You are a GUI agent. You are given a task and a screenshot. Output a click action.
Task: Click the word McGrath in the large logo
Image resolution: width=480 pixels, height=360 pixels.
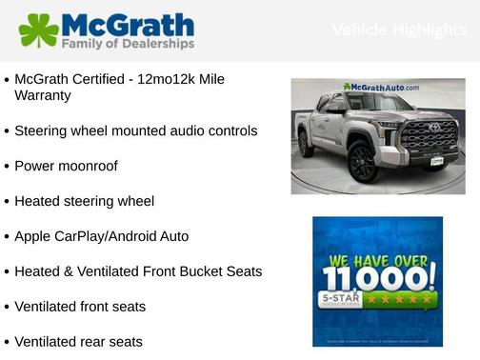click(128, 25)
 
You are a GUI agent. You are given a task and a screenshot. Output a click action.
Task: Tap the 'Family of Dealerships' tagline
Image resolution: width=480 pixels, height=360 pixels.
click(128, 44)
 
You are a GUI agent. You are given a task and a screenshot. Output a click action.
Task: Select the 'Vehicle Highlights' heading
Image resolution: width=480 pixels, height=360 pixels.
click(399, 30)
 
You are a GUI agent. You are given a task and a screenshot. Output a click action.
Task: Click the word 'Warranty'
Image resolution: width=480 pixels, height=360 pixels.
click(42, 95)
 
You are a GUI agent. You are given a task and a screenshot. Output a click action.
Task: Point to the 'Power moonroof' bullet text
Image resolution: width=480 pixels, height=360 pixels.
click(67, 166)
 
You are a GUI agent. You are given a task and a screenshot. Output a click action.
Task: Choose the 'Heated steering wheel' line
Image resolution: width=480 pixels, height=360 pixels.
click(84, 201)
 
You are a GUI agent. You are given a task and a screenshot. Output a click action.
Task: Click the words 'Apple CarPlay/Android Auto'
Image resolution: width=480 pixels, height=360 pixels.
click(102, 236)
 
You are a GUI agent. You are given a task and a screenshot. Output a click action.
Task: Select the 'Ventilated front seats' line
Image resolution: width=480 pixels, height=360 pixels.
click(80, 307)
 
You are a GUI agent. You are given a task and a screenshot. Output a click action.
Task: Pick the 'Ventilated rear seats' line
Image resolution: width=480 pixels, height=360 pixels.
click(79, 341)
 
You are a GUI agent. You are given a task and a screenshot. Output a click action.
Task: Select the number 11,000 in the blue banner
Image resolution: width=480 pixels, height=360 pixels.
click(378, 279)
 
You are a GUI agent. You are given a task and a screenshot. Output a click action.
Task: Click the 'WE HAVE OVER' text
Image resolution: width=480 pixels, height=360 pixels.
click(378, 257)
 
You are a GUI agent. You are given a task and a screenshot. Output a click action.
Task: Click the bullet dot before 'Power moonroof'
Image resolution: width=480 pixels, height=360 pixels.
click(8, 167)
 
